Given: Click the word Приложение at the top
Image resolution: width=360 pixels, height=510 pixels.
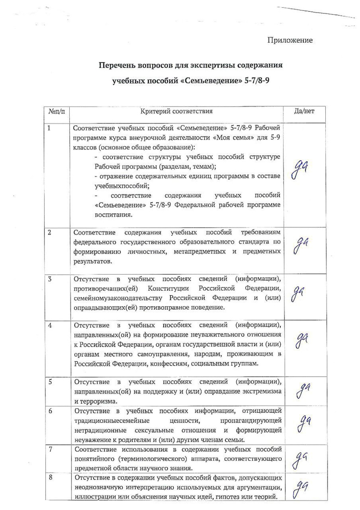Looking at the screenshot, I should (290, 41).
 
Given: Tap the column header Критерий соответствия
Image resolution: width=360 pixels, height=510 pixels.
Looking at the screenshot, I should (176, 111).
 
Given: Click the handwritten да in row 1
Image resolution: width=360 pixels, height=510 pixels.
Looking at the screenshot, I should (299, 170).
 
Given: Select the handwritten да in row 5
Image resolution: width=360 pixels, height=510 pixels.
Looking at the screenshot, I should (300, 389).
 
